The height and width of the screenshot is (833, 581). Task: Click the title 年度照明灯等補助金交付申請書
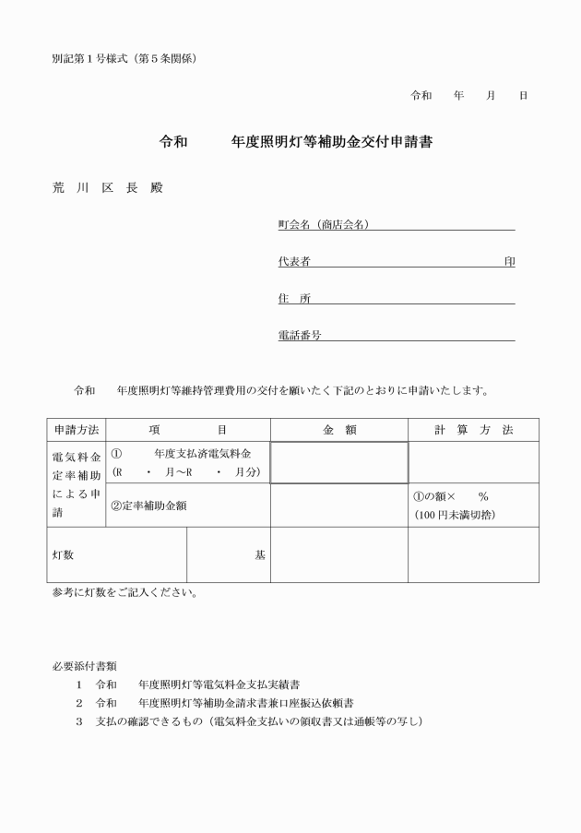[x=333, y=143]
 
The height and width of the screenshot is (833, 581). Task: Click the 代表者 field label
[x=293, y=262]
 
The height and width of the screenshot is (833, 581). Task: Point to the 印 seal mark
[x=509, y=262]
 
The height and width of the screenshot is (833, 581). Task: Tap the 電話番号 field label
[x=300, y=336]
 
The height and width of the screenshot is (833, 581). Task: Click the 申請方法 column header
[x=77, y=430]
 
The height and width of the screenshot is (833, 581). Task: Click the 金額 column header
[x=339, y=430]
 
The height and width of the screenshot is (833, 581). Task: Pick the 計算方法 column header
[x=474, y=430]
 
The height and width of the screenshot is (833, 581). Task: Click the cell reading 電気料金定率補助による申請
[x=77, y=484]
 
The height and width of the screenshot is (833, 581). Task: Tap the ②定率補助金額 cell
[x=150, y=505]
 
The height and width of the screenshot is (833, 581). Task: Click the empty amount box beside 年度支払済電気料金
[x=339, y=462]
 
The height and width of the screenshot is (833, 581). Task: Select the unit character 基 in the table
[x=260, y=555]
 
